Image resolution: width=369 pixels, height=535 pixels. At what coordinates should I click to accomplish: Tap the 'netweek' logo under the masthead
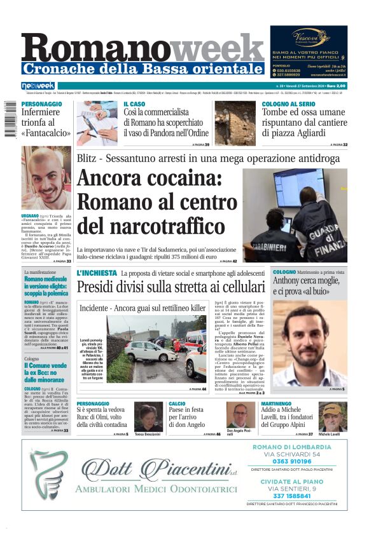[x=38, y=86]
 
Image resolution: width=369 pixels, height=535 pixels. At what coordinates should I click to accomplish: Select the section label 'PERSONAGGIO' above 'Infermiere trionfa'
[x=42, y=104]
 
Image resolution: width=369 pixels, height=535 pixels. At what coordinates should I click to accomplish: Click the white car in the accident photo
[x=150, y=351]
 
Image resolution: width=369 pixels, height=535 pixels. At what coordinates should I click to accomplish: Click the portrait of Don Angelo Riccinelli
[x=240, y=416]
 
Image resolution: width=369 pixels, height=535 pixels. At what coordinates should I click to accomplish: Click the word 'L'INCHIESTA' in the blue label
[x=97, y=273]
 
